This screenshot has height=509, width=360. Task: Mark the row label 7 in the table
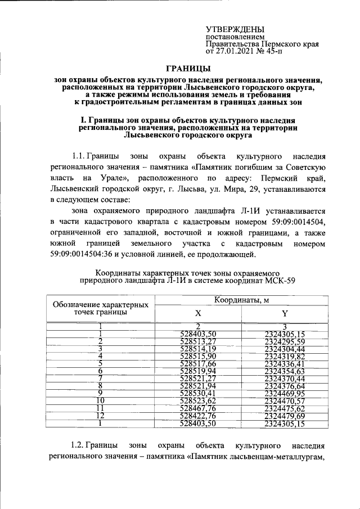click(x=100, y=378)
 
